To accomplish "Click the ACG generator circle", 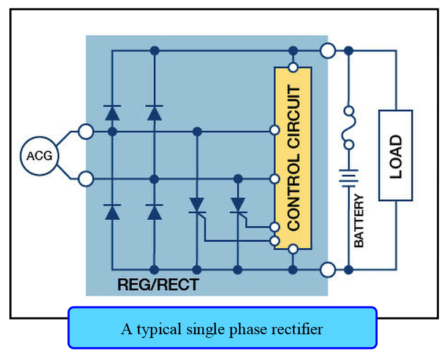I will tap(39, 156).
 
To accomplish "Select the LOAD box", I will tap(395, 156).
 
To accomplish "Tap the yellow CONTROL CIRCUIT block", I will tap(293, 158).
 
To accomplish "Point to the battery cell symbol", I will tap(348, 178).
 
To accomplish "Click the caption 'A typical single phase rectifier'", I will tap(222, 329).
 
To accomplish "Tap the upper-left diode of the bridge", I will tap(112, 112).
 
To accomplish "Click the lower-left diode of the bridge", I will tap(112, 212).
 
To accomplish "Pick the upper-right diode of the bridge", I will tap(154, 112).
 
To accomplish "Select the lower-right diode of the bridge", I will tap(154, 212).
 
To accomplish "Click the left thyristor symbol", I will tap(197, 205).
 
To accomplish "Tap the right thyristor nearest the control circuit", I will tap(237, 205).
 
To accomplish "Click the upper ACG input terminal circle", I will tap(86, 131).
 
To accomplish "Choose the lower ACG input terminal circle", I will tap(86, 179).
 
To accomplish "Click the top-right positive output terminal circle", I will tap(328, 50).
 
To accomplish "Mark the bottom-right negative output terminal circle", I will tap(328, 269).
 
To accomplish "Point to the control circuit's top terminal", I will tap(293, 67).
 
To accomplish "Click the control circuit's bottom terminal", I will tap(293, 248).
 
